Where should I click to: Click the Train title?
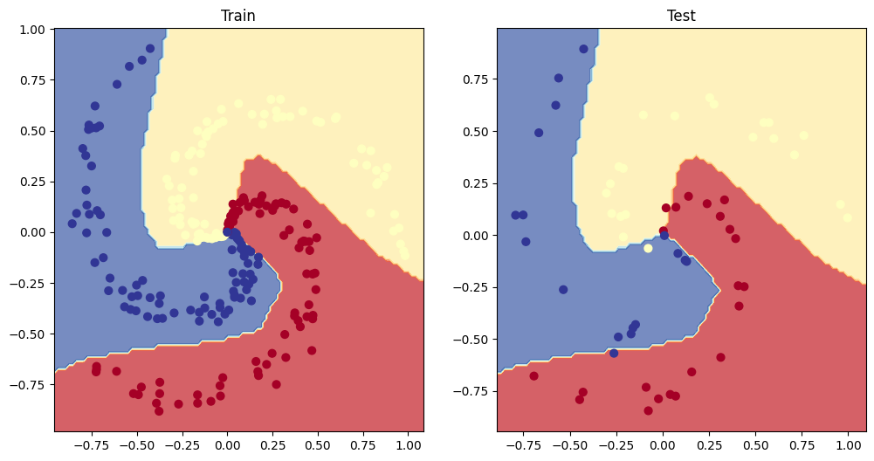click(238, 16)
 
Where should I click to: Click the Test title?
click(681, 16)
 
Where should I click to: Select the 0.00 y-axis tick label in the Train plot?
click(31, 232)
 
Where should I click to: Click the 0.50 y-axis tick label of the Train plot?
click(31, 131)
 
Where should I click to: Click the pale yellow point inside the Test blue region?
click(648, 249)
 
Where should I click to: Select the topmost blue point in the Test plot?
click(583, 49)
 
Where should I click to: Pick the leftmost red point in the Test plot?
click(533, 376)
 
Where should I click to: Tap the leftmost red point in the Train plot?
click(95, 370)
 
